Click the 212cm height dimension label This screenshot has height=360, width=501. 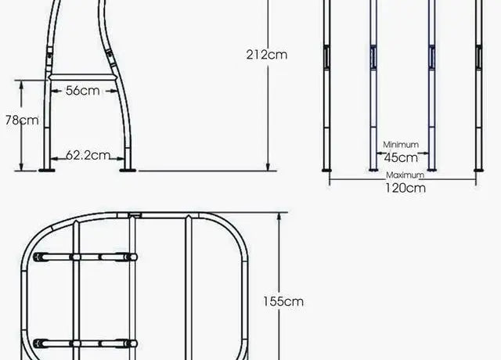tap(267, 55)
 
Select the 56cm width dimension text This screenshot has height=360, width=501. tap(83, 91)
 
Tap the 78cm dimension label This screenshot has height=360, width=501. tap(22, 121)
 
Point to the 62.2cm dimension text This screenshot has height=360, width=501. tap(88, 155)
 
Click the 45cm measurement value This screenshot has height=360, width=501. tap(401, 158)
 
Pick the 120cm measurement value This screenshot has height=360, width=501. tap(405, 188)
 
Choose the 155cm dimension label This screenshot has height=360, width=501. tap(283, 301)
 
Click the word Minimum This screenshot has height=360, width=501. tap(401, 145)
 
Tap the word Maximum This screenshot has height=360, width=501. tap(405, 175)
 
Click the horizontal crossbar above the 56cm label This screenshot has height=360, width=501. tap(82, 77)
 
